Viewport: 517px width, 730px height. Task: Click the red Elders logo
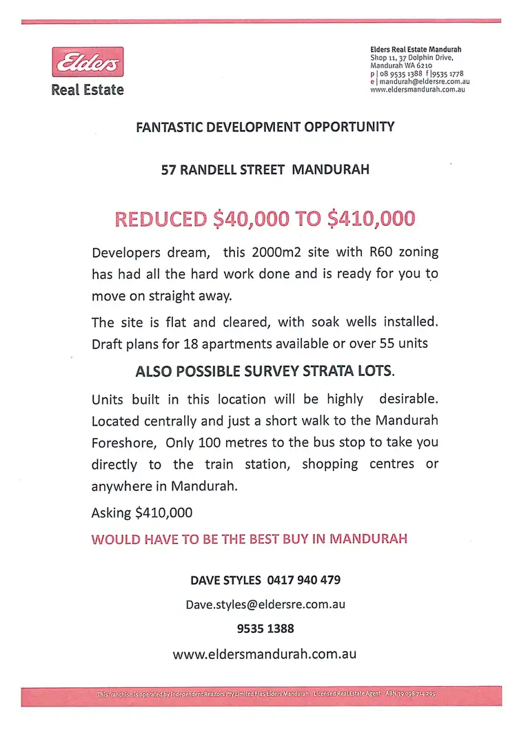coord(88,63)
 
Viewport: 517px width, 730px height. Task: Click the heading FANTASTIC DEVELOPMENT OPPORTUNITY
coord(265,127)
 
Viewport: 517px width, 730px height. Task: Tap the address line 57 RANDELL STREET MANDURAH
coord(265,169)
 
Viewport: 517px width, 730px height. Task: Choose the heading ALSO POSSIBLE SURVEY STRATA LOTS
coord(265,371)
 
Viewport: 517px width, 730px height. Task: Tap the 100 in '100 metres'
coord(210,442)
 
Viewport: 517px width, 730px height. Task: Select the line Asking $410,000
coord(142,512)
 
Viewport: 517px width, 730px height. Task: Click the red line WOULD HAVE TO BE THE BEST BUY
coord(249,539)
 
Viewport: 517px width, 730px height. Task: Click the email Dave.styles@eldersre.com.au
coord(265,605)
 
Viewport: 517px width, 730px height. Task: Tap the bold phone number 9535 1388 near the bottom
coord(265,629)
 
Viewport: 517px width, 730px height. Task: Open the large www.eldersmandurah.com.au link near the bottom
coord(265,654)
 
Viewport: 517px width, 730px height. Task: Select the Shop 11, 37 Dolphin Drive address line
coord(412,58)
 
